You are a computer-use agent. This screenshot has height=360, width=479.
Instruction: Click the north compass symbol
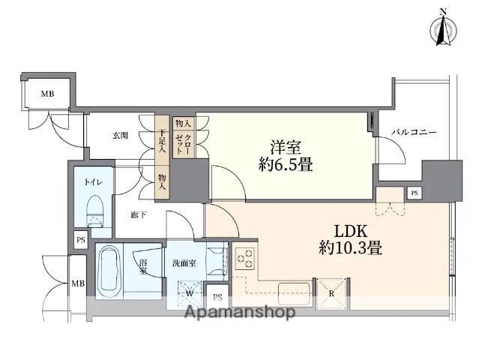[x=443, y=30]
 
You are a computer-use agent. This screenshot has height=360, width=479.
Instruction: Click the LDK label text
[x=341, y=229]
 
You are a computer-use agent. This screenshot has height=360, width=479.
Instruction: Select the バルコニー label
[x=413, y=133]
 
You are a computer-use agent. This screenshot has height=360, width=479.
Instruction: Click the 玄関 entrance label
[x=120, y=136]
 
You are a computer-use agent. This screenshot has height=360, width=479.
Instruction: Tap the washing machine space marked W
[x=189, y=289]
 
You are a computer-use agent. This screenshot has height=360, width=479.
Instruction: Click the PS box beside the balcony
[x=415, y=193]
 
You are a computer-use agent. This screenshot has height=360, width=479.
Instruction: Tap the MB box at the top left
[x=47, y=94]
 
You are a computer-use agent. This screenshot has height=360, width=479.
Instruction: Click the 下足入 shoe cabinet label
[x=162, y=141]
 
